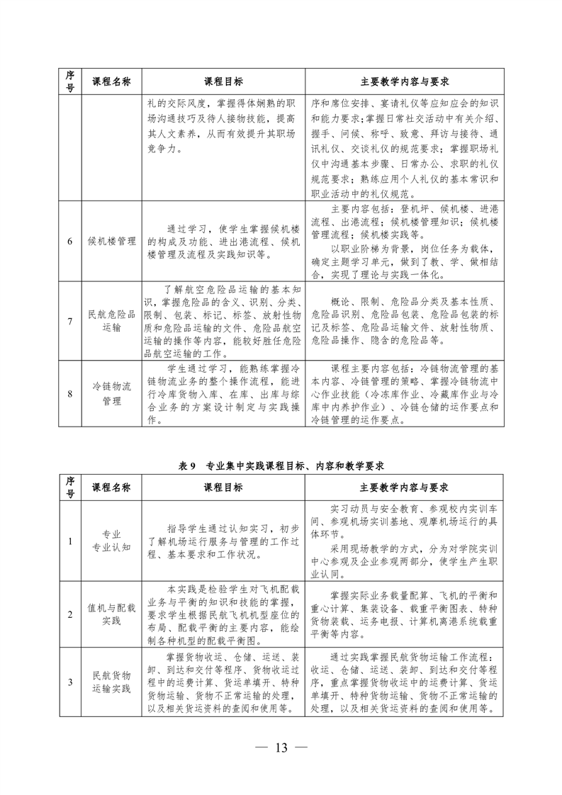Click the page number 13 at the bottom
[x=281, y=748]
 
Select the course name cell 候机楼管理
[x=112, y=241]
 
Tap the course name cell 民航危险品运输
[x=112, y=320]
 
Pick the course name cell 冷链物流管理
[x=112, y=393]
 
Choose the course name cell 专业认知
[x=112, y=541]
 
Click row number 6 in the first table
[x=70, y=241]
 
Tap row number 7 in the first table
[x=70, y=320]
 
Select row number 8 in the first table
[x=70, y=393]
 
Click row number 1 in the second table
[x=70, y=541]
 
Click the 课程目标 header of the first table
[x=223, y=81]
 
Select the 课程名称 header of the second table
[x=112, y=488]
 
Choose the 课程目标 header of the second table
[x=223, y=488]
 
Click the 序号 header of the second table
[x=70, y=488]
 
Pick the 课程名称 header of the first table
[x=112, y=81]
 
